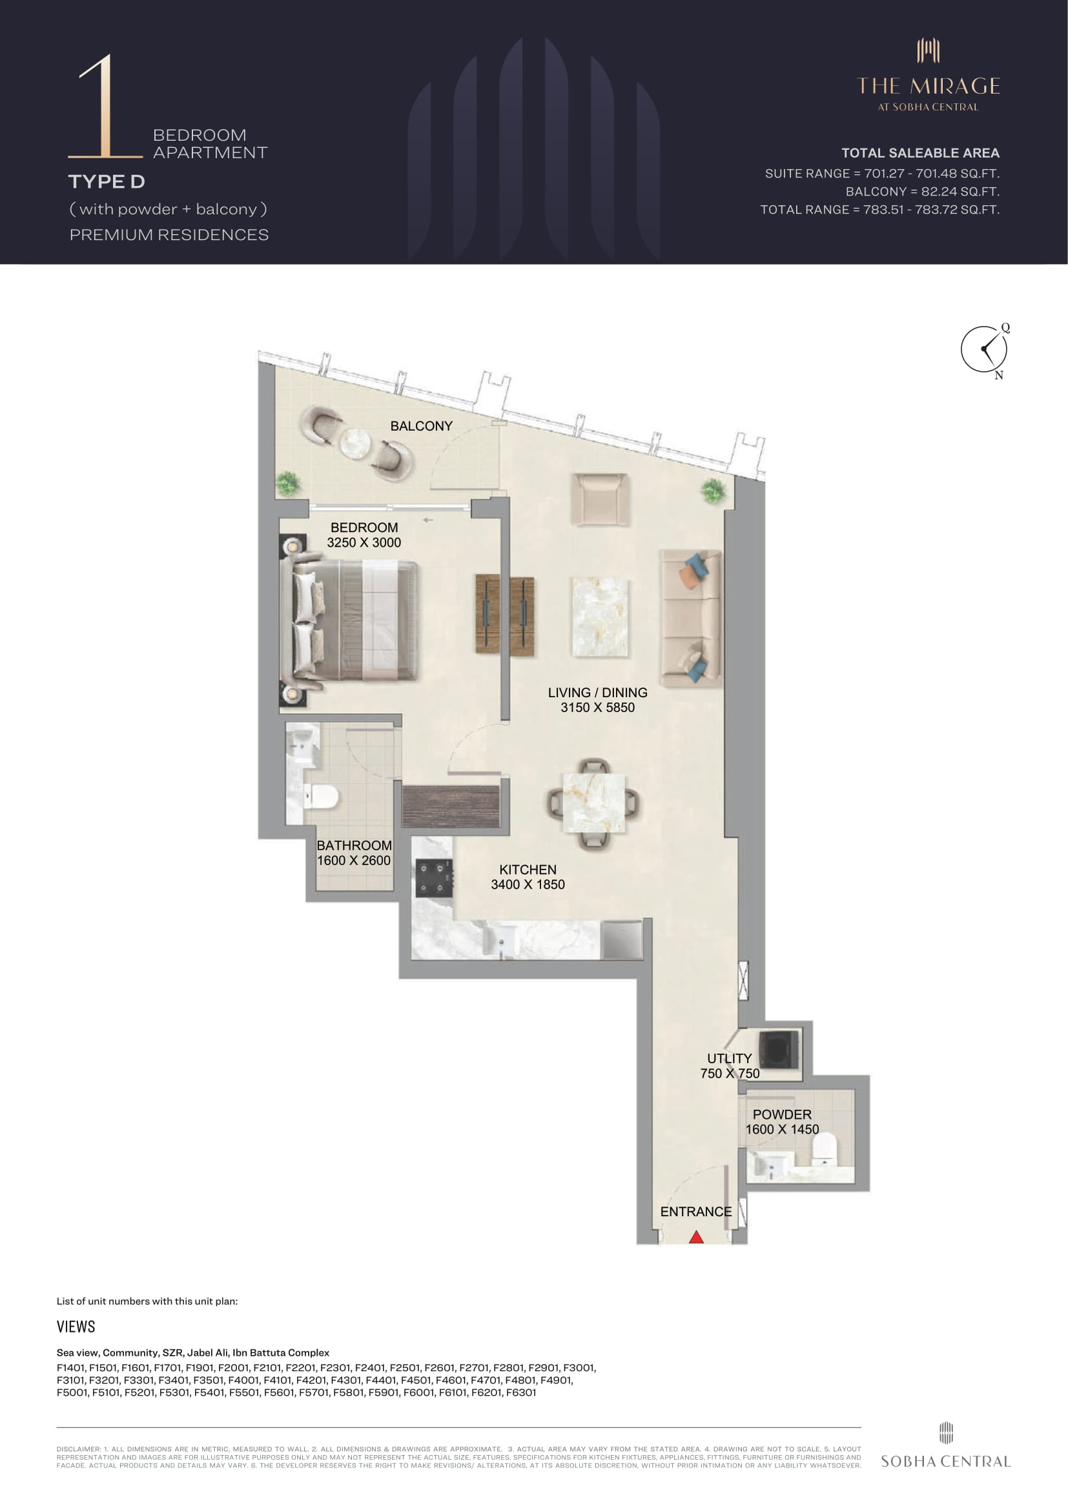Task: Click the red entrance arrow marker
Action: pos(697,1237)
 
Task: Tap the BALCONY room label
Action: pos(422,426)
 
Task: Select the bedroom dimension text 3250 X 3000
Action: pos(364,542)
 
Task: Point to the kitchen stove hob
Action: pos(435,879)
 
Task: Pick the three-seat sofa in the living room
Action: pos(691,619)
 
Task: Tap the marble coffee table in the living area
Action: pos(600,618)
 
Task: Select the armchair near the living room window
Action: pos(600,500)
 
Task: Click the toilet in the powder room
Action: pos(824,1148)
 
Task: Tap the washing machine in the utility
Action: pos(779,1050)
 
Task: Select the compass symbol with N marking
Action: pos(985,350)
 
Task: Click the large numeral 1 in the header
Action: pos(105,107)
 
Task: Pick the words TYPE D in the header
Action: pos(107,181)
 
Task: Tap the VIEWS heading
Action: pos(76,1327)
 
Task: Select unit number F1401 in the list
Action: pos(71,1367)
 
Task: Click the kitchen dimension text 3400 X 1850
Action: pos(528,884)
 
